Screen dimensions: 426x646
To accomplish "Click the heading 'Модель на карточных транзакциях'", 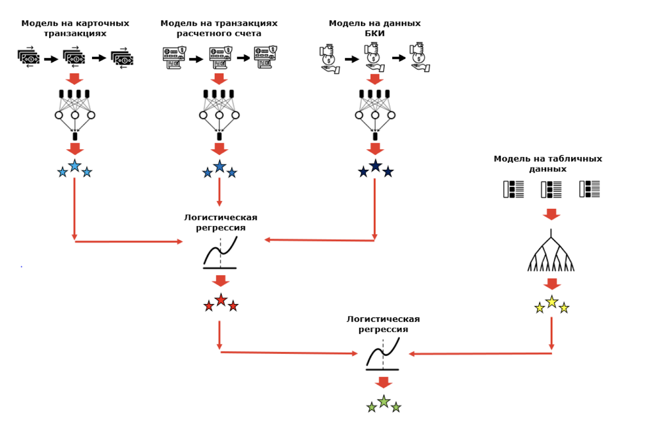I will pyautogui.click(x=75, y=28).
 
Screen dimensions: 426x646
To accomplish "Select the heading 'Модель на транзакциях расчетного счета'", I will pyautogui.click(x=219, y=28).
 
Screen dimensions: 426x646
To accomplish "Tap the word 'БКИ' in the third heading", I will pyautogui.click(x=375, y=34).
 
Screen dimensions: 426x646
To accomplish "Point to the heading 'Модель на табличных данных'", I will pyautogui.click(x=547, y=164).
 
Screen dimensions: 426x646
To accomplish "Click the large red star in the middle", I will pyautogui.click(x=221, y=300).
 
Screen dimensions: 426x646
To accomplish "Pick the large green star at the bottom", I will pyautogui.click(x=384, y=401).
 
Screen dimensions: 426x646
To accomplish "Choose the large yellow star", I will pyautogui.click(x=552, y=302).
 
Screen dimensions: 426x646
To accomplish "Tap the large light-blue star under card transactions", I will pyautogui.click(x=75, y=166).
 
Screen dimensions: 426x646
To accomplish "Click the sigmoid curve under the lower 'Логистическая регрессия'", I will pyautogui.click(x=383, y=354).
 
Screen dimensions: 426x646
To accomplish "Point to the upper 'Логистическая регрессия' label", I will pyautogui.click(x=220, y=222).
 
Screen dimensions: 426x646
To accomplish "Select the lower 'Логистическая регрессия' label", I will pyautogui.click(x=383, y=324).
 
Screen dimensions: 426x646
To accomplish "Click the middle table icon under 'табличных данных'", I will pyautogui.click(x=551, y=189).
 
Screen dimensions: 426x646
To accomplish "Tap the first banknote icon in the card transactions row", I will pyautogui.click(x=29, y=58).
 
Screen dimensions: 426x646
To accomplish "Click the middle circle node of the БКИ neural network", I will pyautogui.click(x=375, y=115).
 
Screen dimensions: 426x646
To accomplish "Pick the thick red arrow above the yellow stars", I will pyautogui.click(x=552, y=284).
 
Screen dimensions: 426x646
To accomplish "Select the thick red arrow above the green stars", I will pyautogui.click(x=383, y=382).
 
